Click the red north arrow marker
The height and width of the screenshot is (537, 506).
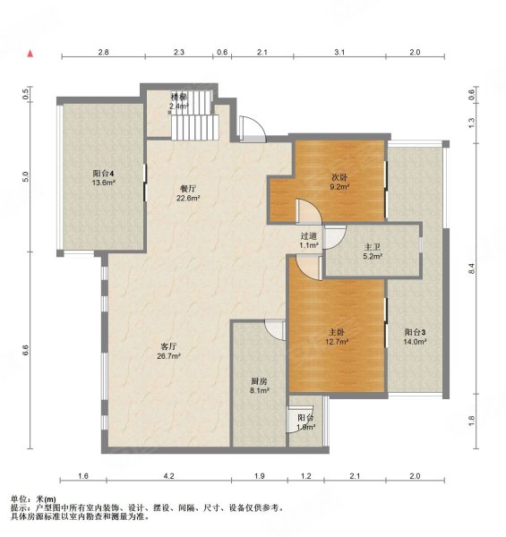pyautogui.click(x=30, y=54)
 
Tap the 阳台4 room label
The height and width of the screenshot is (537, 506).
pyautogui.click(x=103, y=173)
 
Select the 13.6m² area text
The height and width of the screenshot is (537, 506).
pyautogui.click(x=103, y=183)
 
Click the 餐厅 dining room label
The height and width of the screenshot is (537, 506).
pyautogui.click(x=188, y=188)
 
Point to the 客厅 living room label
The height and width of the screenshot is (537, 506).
pyautogui.click(x=168, y=346)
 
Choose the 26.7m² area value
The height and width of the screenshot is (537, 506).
pyautogui.click(x=169, y=356)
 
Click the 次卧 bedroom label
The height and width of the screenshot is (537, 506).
pyautogui.click(x=339, y=177)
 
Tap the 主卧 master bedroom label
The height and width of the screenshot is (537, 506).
pyautogui.click(x=336, y=332)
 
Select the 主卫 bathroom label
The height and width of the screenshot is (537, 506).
pyautogui.click(x=373, y=247)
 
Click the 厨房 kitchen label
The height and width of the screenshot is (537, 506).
pyautogui.click(x=259, y=381)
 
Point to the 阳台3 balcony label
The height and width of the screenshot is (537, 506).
pyautogui.click(x=415, y=332)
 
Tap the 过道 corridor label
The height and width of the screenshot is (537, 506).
pyautogui.click(x=308, y=236)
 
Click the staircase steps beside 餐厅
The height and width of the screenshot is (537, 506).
pyautogui.click(x=194, y=127)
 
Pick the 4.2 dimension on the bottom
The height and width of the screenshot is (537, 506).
pyautogui.click(x=168, y=476)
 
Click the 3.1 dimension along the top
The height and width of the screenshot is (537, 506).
pyautogui.click(x=339, y=52)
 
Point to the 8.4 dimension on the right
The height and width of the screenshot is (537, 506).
pyautogui.click(x=471, y=268)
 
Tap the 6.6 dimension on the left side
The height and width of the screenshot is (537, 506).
pyautogui.click(x=25, y=350)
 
